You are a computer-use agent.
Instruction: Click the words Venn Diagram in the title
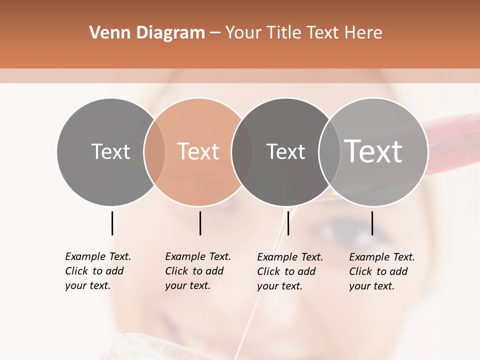click(x=147, y=33)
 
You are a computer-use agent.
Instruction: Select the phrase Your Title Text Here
click(x=303, y=33)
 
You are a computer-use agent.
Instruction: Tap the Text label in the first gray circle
click(x=110, y=151)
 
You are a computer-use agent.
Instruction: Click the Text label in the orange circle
click(x=198, y=151)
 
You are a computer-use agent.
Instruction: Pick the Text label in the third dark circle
click(x=285, y=151)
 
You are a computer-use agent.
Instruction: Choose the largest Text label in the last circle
click(x=373, y=151)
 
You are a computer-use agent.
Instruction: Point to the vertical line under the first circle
click(x=112, y=223)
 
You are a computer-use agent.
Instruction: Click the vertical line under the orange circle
click(x=200, y=223)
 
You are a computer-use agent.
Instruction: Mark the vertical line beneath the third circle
click(x=288, y=223)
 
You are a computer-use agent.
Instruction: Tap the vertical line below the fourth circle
click(x=372, y=223)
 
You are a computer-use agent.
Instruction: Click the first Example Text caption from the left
click(x=98, y=271)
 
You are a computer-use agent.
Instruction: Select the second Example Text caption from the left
click(x=198, y=271)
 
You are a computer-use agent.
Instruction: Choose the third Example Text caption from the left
click(x=290, y=271)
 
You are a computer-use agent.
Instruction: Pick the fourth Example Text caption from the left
click(x=382, y=271)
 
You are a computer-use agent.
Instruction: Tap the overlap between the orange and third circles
click(x=242, y=152)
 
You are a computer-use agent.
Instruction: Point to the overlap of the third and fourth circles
click(x=329, y=152)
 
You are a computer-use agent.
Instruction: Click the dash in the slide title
click(x=215, y=33)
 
